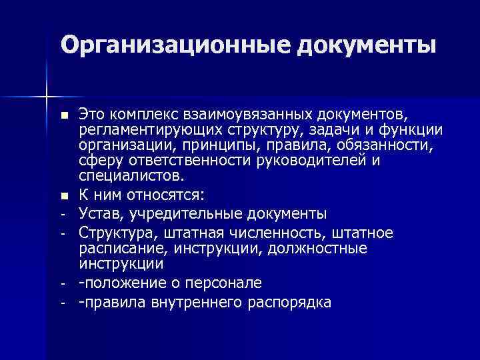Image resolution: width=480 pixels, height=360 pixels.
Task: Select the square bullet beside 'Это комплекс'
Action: tap(63, 116)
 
